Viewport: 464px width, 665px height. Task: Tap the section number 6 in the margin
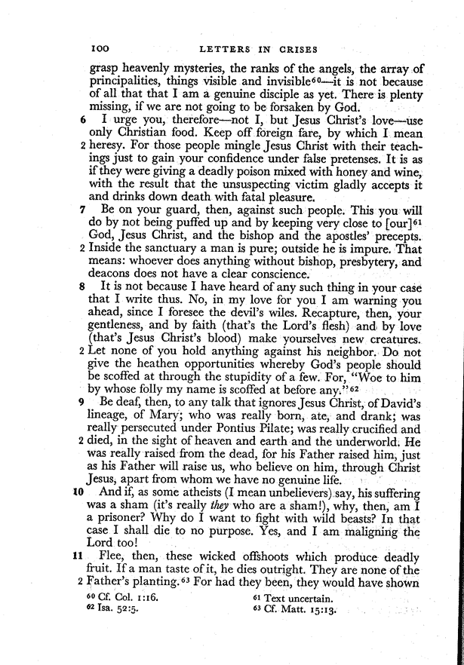83,121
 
